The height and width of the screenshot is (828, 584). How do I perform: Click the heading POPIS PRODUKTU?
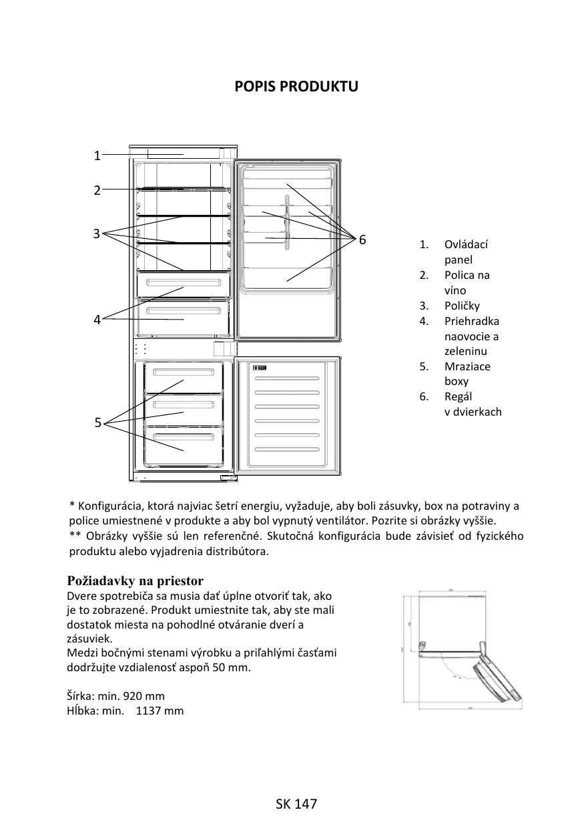pos(296,87)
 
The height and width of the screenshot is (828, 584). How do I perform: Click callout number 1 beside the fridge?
pos(97,156)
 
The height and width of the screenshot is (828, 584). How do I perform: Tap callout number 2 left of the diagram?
pos(97,190)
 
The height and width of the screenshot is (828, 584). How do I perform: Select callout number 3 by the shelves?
pos(97,234)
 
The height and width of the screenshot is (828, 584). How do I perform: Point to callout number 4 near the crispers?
pos(97,320)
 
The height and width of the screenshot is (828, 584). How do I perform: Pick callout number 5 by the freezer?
pos(97,422)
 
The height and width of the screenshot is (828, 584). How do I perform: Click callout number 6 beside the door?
pos(362,240)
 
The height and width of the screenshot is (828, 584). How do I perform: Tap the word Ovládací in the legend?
pos(466,245)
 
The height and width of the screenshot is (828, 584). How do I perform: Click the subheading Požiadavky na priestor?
pos(135,580)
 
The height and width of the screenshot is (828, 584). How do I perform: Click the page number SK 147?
pos(296,804)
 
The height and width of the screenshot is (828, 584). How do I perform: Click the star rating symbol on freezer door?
pos(260,368)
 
